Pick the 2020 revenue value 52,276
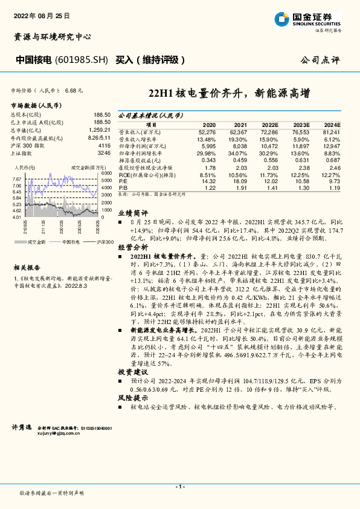coord(207,131)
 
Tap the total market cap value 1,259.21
coord(99,130)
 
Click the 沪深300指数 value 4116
coord(104,146)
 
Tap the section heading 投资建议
coord(132,372)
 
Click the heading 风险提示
coord(132,398)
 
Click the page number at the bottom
coord(179,487)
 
